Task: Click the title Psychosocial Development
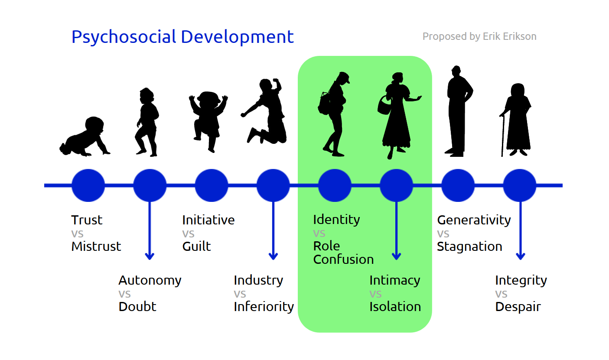click(x=182, y=37)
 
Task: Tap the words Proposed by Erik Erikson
click(x=479, y=36)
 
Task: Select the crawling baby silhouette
click(x=85, y=136)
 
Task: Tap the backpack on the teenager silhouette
click(x=324, y=103)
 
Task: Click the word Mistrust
click(x=96, y=246)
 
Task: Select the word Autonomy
click(x=150, y=281)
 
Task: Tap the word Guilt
click(x=196, y=246)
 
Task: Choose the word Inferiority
click(x=264, y=307)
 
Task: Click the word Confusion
click(x=343, y=259)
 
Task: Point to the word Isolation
click(x=395, y=307)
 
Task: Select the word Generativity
click(x=474, y=220)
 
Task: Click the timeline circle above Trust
click(x=88, y=185)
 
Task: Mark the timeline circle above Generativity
click(x=458, y=185)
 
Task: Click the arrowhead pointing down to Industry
click(x=273, y=256)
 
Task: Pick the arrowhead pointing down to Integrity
click(x=521, y=256)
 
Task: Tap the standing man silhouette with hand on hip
click(x=459, y=111)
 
